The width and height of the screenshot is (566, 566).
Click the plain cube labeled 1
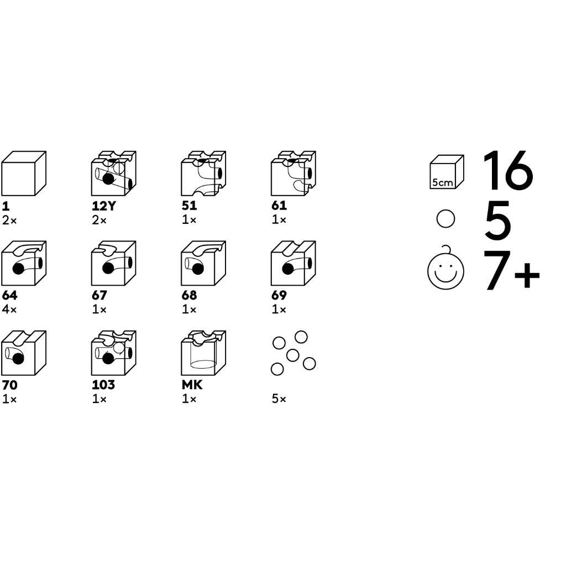click(x=24, y=174)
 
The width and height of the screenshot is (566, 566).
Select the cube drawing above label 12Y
click(x=114, y=174)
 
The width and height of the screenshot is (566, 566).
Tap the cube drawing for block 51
click(x=203, y=174)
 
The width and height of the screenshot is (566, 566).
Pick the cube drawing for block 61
click(x=294, y=174)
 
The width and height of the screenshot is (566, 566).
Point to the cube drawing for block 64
click(x=24, y=263)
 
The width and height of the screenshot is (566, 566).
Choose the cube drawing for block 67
click(x=114, y=263)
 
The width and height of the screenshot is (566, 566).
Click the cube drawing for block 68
click(x=203, y=263)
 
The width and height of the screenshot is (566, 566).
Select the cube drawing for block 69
click(x=294, y=263)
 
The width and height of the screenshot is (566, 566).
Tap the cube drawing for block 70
click(x=24, y=353)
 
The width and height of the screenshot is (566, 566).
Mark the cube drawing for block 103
click(x=114, y=353)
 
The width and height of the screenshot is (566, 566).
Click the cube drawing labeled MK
click(x=203, y=353)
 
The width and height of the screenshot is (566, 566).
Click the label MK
click(x=192, y=385)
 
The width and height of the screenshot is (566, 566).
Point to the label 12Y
click(x=104, y=206)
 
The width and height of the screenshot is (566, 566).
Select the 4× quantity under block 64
click(x=9, y=310)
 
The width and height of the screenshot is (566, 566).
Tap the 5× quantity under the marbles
click(x=279, y=399)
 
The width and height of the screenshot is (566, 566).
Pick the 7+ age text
click(x=511, y=270)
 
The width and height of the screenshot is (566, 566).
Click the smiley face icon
click(x=446, y=270)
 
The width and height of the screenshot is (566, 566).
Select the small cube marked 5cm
click(x=447, y=172)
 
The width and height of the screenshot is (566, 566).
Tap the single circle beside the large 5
click(x=446, y=219)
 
